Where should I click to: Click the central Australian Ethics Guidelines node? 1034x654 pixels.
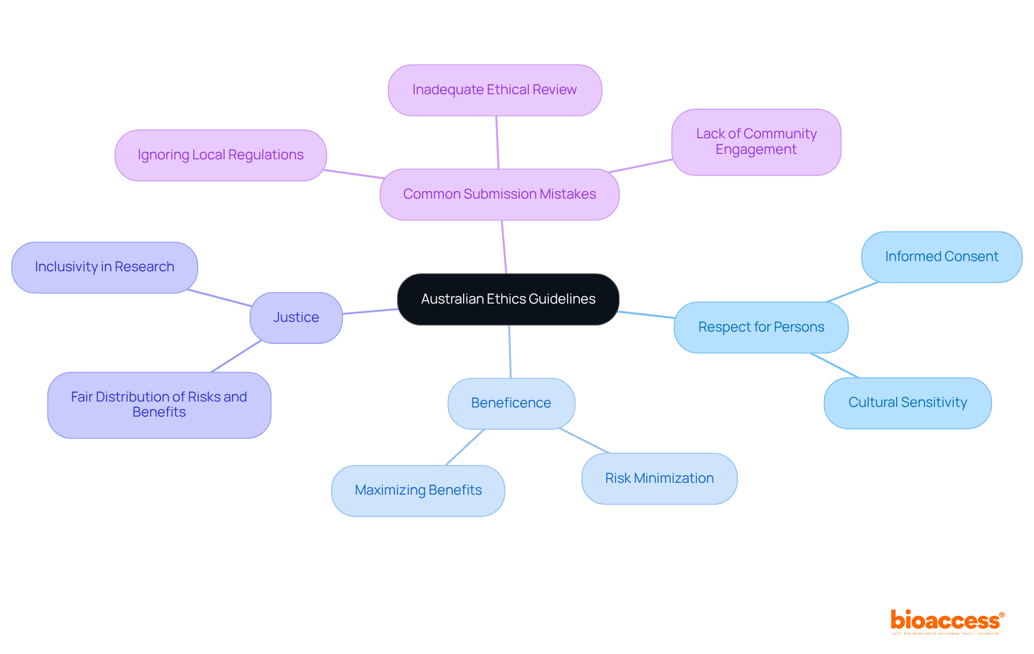click(508, 299)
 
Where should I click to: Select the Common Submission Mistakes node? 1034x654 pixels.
click(499, 194)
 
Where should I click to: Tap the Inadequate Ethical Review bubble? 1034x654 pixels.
click(494, 90)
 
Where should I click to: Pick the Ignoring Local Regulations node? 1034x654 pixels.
click(220, 155)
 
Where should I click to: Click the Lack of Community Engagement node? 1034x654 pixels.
click(756, 142)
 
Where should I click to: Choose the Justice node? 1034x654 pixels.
click(296, 318)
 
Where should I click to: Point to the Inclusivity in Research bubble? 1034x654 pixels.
click(104, 267)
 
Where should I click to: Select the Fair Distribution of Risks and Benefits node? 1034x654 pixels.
click(159, 405)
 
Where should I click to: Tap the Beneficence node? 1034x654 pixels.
click(511, 403)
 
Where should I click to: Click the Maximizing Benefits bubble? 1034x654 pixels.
click(418, 490)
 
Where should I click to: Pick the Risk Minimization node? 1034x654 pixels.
click(659, 479)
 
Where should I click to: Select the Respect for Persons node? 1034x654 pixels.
click(761, 327)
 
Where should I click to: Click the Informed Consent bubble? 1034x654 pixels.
click(941, 257)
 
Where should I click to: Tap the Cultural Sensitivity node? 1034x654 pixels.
click(907, 403)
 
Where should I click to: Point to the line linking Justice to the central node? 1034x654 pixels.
click(370, 311)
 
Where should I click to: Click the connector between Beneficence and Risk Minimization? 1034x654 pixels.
click(585, 441)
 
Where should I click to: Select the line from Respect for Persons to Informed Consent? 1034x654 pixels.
click(852, 292)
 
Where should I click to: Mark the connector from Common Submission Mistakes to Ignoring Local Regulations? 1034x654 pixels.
click(353, 174)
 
